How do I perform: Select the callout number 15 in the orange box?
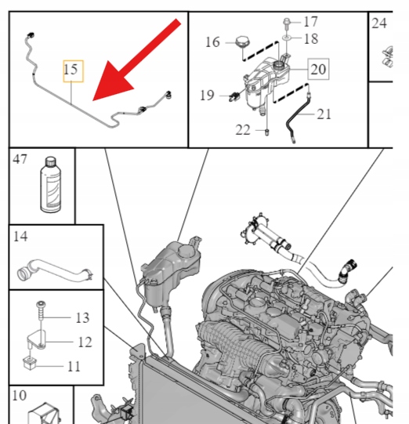pyautogui.click(x=71, y=70)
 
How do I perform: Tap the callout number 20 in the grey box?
pyautogui.click(x=318, y=69)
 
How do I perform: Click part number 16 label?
pyautogui.click(x=213, y=42)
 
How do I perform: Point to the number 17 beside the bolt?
pyautogui.click(x=310, y=22)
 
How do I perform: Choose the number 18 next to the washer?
pyautogui.click(x=311, y=38)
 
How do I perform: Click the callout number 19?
pyautogui.click(x=207, y=95)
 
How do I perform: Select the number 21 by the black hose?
pyautogui.click(x=324, y=114)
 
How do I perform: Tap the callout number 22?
pyautogui.click(x=243, y=130)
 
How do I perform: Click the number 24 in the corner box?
pyautogui.click(x=379, y=24)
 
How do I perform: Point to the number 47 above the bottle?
pyautogui.click(x=20, y=159)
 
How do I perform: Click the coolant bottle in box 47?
pyautogui.click(x=51, y=185)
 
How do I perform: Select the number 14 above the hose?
pyautogui.click(x=20, y=236)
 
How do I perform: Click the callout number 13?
pyautogui.click(x=82, y=317)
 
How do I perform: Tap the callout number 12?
pyautogui.click(x=85, y=342)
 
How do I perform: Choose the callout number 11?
pyautogui.click(x=74, y=367)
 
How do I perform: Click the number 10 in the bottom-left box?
pyautogui.click(x=20, y=395)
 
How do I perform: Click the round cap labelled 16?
pyautogui.click(x=242, y=42)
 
